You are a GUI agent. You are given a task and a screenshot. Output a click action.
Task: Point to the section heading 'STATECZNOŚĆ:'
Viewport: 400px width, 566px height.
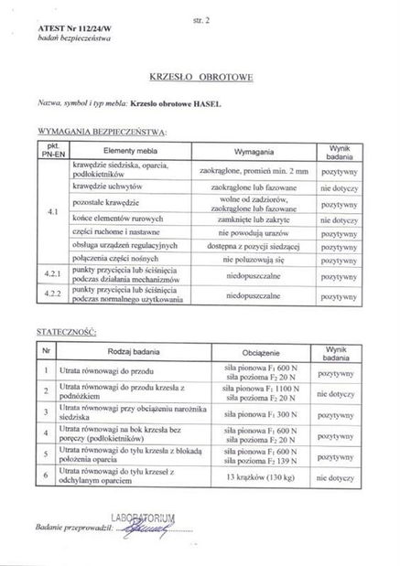(64, 328)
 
